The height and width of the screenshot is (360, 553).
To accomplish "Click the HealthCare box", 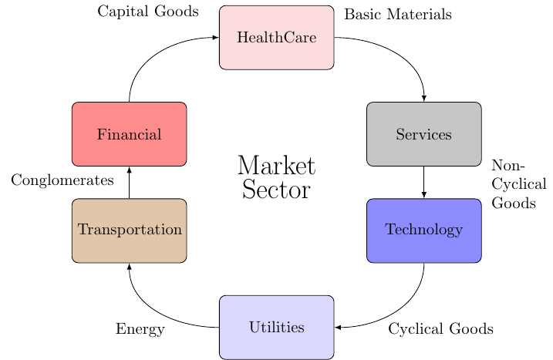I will pos(276,38).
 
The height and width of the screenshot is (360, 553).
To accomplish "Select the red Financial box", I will pos(130,134).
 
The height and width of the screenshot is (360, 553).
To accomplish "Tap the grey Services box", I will pos(423,134).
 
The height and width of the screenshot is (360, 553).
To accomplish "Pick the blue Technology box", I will pos(423,230).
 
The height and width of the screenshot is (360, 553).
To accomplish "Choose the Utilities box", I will pos(276,327).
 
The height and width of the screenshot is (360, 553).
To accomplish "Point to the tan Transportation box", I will pos(130,230).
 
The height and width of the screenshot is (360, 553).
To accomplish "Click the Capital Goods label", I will pos(148,12).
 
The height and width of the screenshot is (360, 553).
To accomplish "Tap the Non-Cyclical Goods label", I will pos(518,185).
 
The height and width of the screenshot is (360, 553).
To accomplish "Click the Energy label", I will pos(140,329).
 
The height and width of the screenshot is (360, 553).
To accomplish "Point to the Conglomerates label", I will pos(62,180).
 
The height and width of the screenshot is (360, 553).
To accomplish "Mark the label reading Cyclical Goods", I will pos(440,329).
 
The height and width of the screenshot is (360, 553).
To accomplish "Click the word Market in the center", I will pos(276,167).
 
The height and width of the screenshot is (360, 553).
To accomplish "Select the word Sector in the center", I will pos(276,190).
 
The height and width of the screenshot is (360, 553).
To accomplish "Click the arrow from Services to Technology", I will pos(423,182).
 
